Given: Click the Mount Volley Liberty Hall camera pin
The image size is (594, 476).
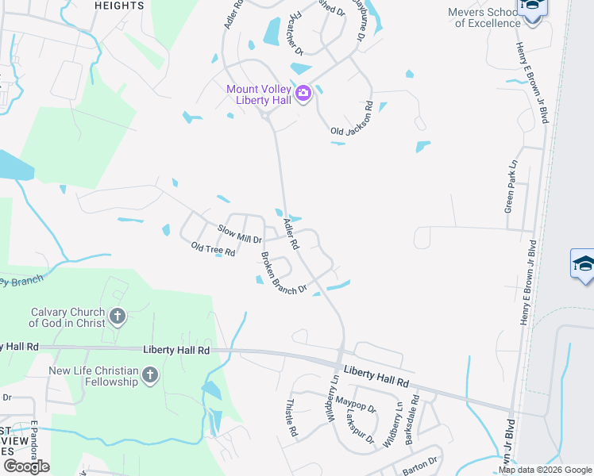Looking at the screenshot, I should (x=303, y=95).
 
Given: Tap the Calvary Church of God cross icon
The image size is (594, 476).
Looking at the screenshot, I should (x=117, y=317).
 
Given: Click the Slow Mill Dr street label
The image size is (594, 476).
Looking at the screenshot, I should (x=240, y=233).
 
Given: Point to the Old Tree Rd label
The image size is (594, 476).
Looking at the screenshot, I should (x=213, y=249).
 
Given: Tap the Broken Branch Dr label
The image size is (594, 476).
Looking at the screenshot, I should (x=283, y=274).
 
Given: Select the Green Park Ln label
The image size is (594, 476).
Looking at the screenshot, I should (x=511, y=186).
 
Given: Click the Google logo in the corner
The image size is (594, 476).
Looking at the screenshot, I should (x=26, y=466).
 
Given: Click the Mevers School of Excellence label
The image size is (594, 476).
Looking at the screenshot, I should (x=484, y=17).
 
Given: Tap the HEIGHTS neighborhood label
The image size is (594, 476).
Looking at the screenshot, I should (x=119, y=5).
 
